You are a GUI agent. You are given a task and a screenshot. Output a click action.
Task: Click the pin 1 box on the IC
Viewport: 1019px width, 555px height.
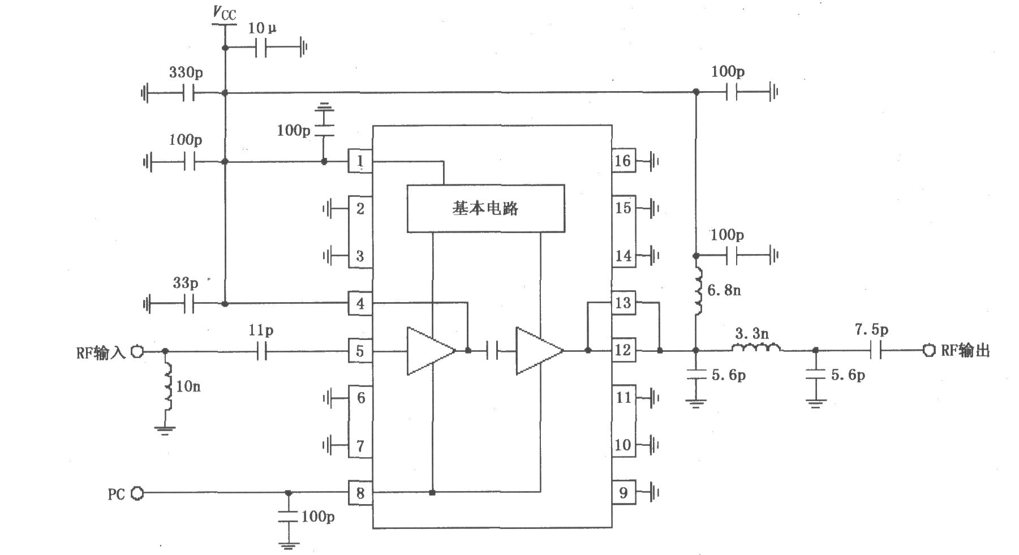(360, 162)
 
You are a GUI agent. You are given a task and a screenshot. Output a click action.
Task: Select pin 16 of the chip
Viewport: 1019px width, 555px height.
(623, 161)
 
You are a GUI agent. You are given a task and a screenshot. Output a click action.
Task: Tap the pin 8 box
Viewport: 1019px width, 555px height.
(360, 493)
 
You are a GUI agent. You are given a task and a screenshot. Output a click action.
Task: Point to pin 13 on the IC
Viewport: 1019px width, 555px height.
(623, 303)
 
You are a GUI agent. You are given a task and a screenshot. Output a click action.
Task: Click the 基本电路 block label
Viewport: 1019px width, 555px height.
(485, 209)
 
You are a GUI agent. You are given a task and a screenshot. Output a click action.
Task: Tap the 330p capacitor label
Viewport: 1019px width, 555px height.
(186, 72)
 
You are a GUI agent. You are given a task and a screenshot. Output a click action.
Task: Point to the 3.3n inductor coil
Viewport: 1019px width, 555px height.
(756, 347)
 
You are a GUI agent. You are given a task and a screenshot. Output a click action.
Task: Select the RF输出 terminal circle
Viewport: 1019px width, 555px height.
(928, 351)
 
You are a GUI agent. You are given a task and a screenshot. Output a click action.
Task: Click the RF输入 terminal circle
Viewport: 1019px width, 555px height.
(137, 351)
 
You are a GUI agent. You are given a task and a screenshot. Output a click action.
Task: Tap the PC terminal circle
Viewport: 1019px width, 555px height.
(137, 493)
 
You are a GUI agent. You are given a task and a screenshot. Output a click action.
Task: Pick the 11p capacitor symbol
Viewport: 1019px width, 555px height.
(261, 351)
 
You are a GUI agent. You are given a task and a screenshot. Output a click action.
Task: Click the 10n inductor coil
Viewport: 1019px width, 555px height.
(168, 387)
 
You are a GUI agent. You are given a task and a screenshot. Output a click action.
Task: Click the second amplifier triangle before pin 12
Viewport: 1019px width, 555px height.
(536, 351)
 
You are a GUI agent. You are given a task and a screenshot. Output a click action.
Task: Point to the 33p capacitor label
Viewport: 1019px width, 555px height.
(185, 282)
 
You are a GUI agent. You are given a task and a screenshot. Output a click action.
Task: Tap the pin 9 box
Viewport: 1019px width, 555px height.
(623, 492)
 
